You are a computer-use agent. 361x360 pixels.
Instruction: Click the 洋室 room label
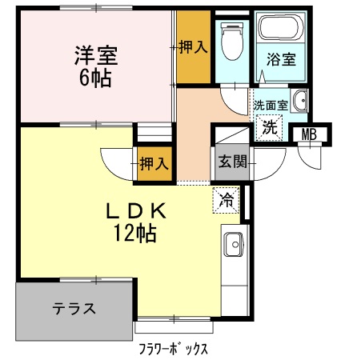point(96,56)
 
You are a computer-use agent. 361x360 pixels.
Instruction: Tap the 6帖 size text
point(95,78)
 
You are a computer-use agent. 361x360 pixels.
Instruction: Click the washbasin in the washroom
point(301,102)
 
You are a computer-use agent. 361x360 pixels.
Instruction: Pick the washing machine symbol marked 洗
point(271,126)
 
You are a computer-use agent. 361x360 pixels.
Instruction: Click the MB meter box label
point(309,134)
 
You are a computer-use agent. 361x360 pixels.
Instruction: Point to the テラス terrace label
point(75,309)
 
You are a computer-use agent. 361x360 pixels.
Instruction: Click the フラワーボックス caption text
point(174,349)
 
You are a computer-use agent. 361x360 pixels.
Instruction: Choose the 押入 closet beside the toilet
point(193,48)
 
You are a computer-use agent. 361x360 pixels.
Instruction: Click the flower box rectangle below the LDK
point(174,327)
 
